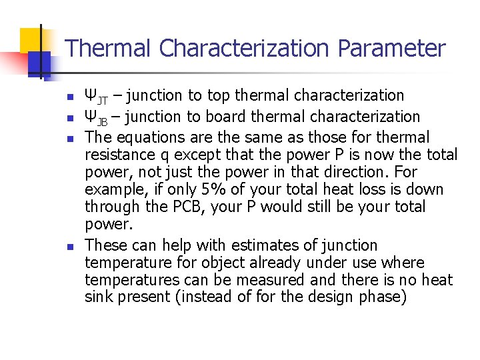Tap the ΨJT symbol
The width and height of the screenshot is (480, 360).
[96, 97]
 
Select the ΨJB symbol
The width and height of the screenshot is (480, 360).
[96, 118]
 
